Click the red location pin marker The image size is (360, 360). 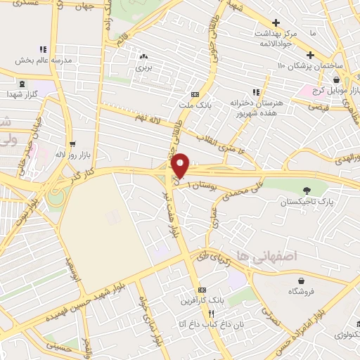tap(181, 165)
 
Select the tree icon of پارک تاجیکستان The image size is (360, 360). tap(307, 190)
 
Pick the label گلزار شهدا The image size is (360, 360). tap(22, 94)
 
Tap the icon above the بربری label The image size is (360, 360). tap(143, 56)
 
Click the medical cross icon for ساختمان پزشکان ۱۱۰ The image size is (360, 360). tap(309, 55)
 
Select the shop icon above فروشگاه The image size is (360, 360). tap(291, 278)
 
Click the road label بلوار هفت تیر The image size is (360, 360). tap(172, 211)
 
